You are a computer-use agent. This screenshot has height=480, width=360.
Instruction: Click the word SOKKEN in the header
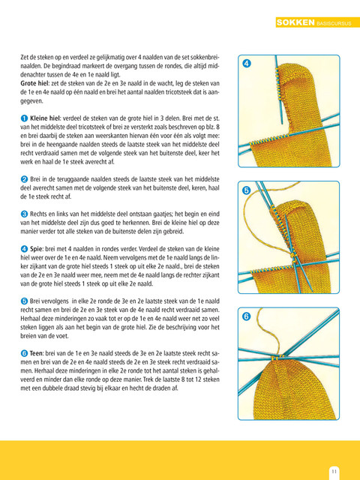[x=295, y=22]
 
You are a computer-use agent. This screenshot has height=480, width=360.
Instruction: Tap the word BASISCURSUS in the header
[x=334, y=23]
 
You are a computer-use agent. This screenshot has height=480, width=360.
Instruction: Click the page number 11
[x=334, y=471]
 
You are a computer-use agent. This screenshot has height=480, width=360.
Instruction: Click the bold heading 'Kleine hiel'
[x=45, y=118]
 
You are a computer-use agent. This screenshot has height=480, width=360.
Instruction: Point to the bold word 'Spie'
[x=37, y=249]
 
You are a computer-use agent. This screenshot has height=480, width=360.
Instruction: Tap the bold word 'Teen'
[x=37, y=353]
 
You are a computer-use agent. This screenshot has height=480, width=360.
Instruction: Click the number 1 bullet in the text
[x=24, y=118]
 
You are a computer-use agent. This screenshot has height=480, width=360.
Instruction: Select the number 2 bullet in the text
[x=24, y=179]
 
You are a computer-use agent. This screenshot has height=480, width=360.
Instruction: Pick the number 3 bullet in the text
[x=24, y=214]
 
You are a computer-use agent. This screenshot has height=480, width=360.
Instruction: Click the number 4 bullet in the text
[x=24, y=249]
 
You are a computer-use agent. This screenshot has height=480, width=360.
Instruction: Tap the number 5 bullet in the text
[x=24, y=301]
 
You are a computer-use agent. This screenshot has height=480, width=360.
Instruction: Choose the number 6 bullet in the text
[x=24, y=353]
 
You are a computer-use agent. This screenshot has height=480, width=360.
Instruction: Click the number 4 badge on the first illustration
[x=247, y=64]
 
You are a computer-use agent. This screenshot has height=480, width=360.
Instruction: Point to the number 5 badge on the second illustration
[x=247, y=190]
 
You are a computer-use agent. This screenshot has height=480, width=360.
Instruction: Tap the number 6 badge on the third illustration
[x=247, y=316]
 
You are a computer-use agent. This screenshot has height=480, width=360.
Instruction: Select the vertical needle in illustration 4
[x=278, y=90]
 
